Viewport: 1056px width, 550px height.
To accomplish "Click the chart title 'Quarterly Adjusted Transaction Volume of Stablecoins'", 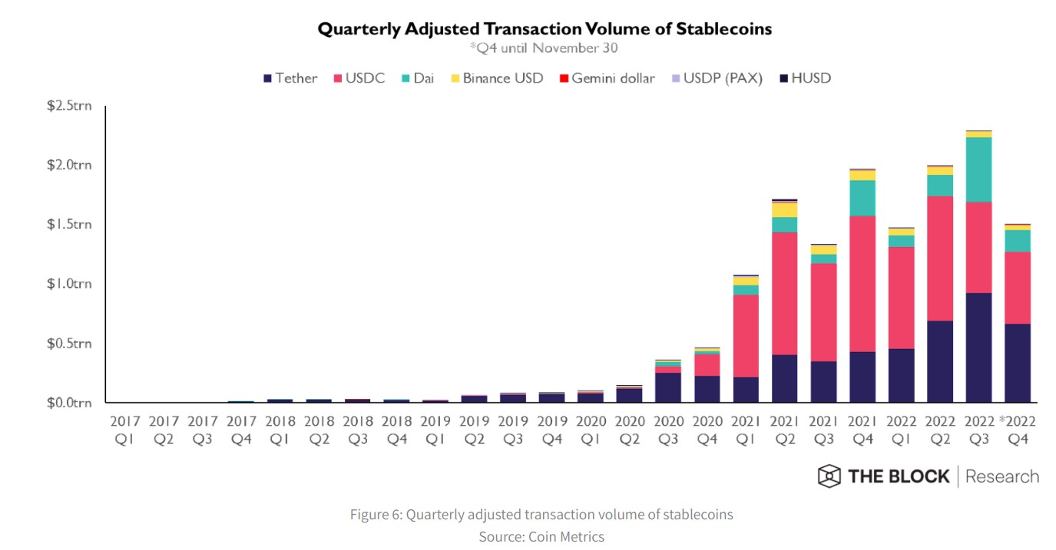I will point(545,29).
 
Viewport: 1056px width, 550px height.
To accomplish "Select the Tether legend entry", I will point(290,78).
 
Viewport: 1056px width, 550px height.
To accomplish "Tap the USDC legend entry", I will point(359,78).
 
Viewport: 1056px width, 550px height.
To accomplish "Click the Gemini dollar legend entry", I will point(606,78).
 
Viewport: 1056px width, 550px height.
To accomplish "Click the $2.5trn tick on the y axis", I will point(69,105).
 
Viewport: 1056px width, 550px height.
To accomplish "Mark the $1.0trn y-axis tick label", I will point(69,284).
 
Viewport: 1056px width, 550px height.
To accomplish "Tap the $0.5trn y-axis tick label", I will point(69,343).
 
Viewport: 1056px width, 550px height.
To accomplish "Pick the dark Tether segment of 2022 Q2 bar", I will point(940,361).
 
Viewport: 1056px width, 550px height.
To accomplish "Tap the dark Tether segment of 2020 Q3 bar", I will point(667,387).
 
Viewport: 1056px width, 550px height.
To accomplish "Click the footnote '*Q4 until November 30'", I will point(544,48).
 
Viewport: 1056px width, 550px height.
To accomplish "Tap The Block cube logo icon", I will point(829,476).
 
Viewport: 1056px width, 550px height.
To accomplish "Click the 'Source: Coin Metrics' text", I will point(541,536).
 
